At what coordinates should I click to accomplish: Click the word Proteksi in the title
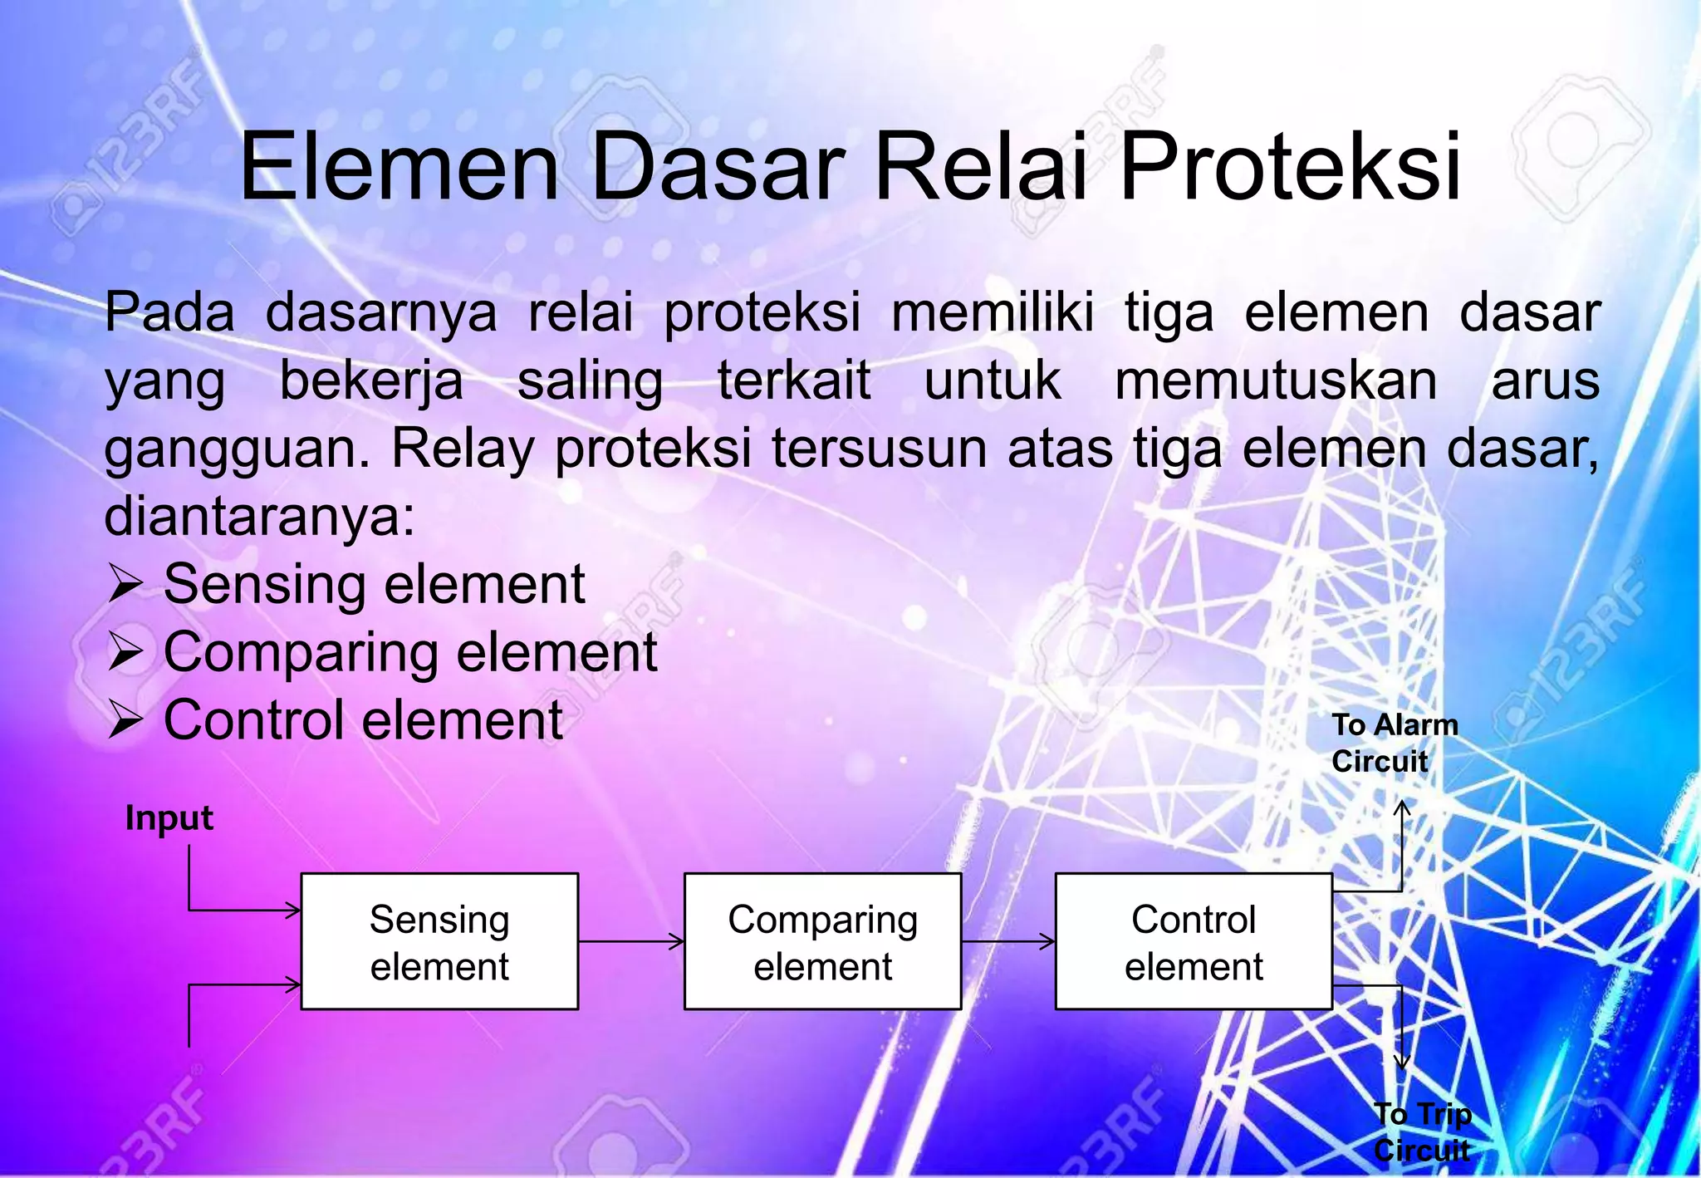point(1290,168)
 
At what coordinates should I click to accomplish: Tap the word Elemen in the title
point(400,168)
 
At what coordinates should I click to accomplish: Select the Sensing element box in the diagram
point(439,942)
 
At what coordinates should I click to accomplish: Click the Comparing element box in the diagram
point(822,942)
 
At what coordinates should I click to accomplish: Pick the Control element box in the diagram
point(1194,942)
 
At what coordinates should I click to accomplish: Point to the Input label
point(169,818)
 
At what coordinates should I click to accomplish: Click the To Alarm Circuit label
point(1394,743)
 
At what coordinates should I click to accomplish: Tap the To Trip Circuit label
point(1422,1131)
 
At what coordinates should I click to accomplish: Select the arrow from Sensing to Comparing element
point(631,942)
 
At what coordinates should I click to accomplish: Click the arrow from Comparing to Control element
point(1008,942)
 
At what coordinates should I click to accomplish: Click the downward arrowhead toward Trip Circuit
point(1402,1062)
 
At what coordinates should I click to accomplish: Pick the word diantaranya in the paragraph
point(258,517)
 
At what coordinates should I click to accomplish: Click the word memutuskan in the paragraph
point(1276,381)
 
